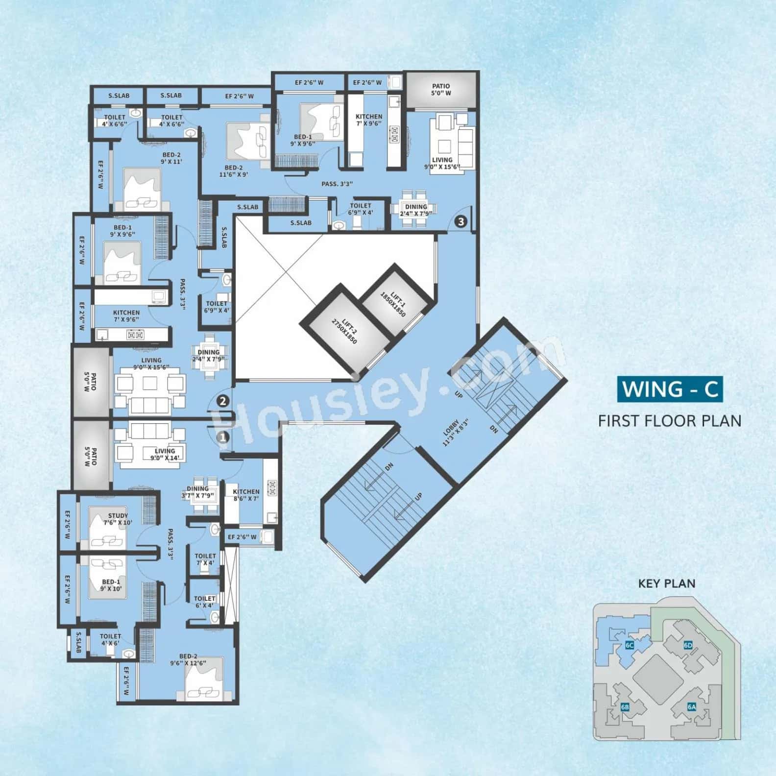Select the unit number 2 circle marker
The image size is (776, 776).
pyautogui.click(x=223, y=401)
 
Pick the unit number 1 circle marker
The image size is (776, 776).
pyautogui.click(x=223, y=436)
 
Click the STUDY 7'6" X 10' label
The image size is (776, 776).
pyautogui.click(x=118, y=519)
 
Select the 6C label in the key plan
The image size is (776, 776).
pyautogui.click(x=630, y=645)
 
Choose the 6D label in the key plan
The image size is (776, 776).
pyautogui.click(x=688, y=645)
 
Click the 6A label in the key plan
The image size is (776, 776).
pyautogui.click(x=692, y=706)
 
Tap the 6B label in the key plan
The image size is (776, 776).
pyautogui.click(x=625, y=707)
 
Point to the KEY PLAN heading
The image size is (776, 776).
pyautogui.click(x=666, y=583)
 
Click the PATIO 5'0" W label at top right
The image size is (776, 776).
pyautogui.click(x=441, y=90)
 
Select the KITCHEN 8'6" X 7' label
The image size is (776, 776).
pyautogui.click(x=246, y=495)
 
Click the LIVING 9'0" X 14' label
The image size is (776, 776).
pyautogui.click(x=165, y=455)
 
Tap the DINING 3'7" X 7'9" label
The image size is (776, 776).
pyautogui.click(x=197, y=492)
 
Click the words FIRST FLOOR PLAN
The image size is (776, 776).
pyautogui.click(x=670, y=421)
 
